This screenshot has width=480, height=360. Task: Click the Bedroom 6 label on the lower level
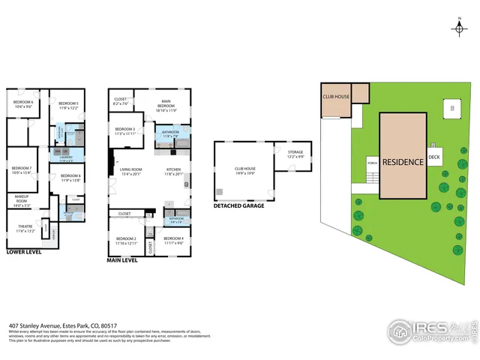point(23,104)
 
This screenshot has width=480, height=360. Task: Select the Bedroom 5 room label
point(69,105)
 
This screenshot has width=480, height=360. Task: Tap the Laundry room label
point(65,158)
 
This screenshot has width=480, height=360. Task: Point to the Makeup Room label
point(22,200)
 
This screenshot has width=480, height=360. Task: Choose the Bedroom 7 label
point(22,169)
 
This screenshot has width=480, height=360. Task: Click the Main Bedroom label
point(166,107)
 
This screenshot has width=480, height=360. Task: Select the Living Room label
point(130,171)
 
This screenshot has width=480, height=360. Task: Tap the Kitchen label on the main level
point(173,171)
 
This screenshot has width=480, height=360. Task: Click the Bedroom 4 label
point(173,240)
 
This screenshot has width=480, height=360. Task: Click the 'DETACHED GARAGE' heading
point(238,205)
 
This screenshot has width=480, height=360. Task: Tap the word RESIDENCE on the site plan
point(403,161)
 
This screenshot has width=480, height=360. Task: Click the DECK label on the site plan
point(434,157)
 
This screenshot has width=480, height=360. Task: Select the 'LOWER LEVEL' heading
point(25,253)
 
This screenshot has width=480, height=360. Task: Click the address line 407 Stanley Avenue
point(63,325)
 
